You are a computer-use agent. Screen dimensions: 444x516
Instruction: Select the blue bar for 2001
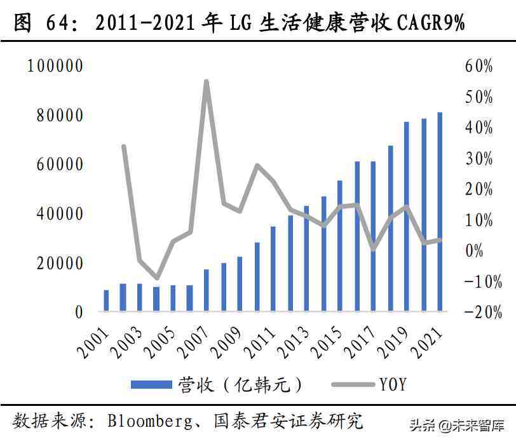pos(106,300)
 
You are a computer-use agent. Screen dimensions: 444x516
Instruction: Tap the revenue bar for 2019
pos(407,217)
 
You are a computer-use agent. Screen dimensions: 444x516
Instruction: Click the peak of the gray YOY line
pos(207,82)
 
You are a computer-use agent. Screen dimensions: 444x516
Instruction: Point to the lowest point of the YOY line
pos(156,278)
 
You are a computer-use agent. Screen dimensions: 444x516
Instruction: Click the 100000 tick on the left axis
pos(55,66)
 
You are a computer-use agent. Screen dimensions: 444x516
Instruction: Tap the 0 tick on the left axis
pos(79,312)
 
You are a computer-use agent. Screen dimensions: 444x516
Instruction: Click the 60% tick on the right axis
pos(479,66)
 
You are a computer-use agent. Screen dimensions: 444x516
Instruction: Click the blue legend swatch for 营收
pos(151,384)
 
